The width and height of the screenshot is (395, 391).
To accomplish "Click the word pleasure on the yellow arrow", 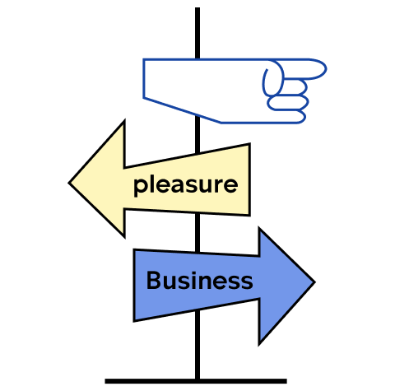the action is pos(185,185).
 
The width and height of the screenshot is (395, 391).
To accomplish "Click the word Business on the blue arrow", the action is pos(199,281).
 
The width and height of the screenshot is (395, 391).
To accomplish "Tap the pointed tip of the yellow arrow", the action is pos(69,183).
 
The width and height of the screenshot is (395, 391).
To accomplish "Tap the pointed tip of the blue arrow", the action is pos(314,282).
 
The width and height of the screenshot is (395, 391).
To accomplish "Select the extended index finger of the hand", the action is pos(302,68).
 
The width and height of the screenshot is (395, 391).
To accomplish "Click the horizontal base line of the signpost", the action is pos(196,381).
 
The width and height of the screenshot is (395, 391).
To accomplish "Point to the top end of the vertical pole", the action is pos(197,8).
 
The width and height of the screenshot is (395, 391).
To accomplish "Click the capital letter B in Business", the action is pos(154,280).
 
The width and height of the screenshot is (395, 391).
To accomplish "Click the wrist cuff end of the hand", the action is pos(144,78).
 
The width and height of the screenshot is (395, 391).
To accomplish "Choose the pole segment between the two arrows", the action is pos(197,233).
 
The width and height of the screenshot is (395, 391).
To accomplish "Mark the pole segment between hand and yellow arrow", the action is pos(197,134).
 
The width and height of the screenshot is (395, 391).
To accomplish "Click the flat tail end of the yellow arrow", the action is pos(249,179).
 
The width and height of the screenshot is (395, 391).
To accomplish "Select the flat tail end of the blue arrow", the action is pos(134,285).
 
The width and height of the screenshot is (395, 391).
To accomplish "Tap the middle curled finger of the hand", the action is pos(288,102).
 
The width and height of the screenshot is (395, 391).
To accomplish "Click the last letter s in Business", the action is pos(246,282).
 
